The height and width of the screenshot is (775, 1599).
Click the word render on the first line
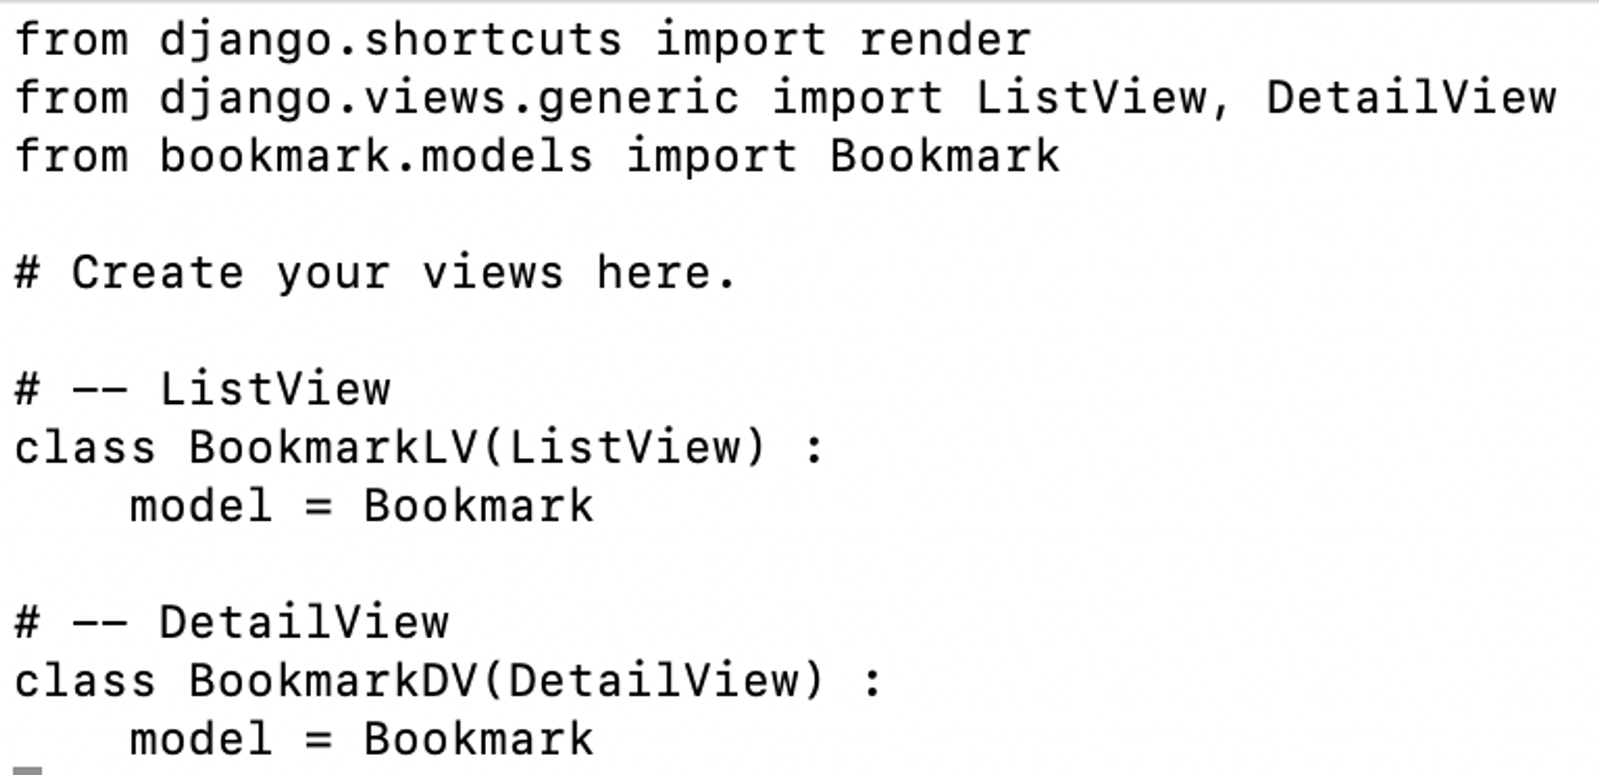tap(945, 40)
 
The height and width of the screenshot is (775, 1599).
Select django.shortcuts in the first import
tap(390, 40)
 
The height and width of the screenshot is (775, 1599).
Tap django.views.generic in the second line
tap(449, 98)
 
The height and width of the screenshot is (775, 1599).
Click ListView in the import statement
tap(1091, 98)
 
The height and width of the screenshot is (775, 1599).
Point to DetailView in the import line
tap(1411, 98)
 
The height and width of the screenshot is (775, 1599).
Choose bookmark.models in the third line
tap(376, 156)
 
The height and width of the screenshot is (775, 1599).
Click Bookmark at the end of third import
tap(945, 156)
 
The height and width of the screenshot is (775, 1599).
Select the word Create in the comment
tap(158, 273)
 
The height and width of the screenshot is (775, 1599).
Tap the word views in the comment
tap(492, 273)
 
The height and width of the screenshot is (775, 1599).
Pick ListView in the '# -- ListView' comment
tap(274, 389)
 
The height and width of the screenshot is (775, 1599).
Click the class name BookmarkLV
tap(333, 447)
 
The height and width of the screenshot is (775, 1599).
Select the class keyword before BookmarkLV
tap(85, 447)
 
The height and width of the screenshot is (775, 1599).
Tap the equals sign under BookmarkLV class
tap(318, 506)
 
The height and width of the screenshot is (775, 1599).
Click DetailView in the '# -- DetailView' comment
tap(304, 622)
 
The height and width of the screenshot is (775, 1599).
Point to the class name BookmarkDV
tap(333, 681)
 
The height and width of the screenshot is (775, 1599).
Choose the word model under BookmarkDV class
tap(201, 739)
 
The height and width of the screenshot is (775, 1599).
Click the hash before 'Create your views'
tap(27, 273)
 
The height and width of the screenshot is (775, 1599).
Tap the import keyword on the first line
tap(740, 40)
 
